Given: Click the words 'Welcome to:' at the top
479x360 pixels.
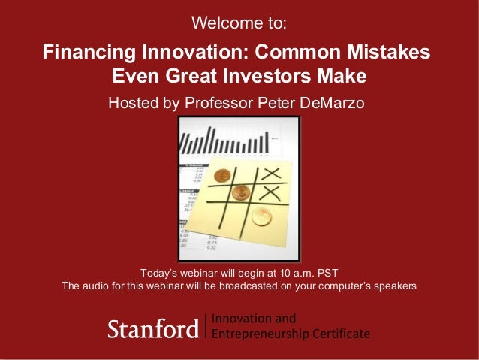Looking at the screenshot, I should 239,23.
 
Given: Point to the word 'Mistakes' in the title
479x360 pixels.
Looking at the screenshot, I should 390,53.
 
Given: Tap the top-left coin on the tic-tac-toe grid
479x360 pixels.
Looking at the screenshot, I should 221,177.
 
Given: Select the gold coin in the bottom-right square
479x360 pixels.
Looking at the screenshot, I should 261,217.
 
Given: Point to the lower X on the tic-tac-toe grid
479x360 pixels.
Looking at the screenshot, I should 269,193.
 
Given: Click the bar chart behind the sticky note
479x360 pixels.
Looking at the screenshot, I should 225,141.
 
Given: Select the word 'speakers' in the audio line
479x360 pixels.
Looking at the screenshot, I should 394,286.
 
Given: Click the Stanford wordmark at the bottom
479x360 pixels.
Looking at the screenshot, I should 153,328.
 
